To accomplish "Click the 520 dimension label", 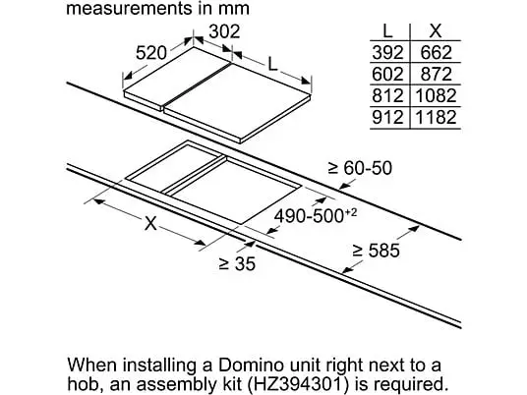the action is (x=150, y=53).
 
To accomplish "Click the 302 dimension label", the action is (x=224, y=31).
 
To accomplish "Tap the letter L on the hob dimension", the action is (x=273, y=64).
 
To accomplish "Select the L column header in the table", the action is (x=387, y=31).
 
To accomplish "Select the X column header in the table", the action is (x=436, y=31).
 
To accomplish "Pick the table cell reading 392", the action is (x=387, y=53).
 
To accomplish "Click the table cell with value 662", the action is (x=436, y=53).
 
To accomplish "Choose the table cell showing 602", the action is (x=387, y=75).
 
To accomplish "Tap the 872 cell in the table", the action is (x=436, y=75).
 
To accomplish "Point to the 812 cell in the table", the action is (x=387, y=95).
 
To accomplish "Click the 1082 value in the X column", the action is (x=436, y=95).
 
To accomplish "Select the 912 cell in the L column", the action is (x=387, y=117).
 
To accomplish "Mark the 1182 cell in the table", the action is (x=436, y=117).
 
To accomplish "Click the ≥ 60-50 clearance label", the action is (x=360, y=168).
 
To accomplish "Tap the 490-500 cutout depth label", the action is (x=316, y=215).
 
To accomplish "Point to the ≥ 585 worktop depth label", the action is (x=377, y=251).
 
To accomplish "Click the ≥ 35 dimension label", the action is (x=237, y=263).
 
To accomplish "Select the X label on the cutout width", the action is (x=150, y=223).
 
